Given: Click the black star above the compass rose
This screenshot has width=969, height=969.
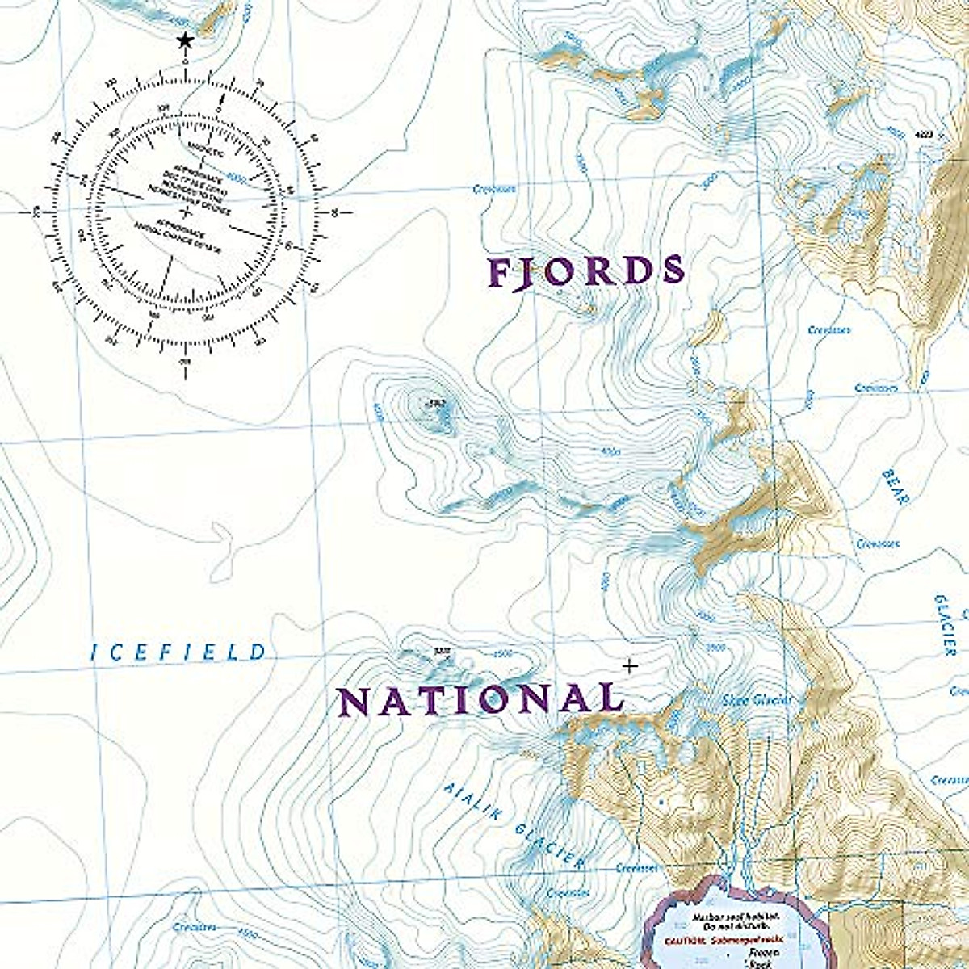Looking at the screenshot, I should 186,40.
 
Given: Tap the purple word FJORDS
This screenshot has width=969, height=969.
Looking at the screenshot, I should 587,273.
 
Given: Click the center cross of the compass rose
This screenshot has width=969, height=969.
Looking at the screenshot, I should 186,212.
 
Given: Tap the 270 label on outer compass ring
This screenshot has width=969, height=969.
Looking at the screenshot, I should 35,212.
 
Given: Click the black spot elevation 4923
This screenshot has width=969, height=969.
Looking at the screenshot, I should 927,135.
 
